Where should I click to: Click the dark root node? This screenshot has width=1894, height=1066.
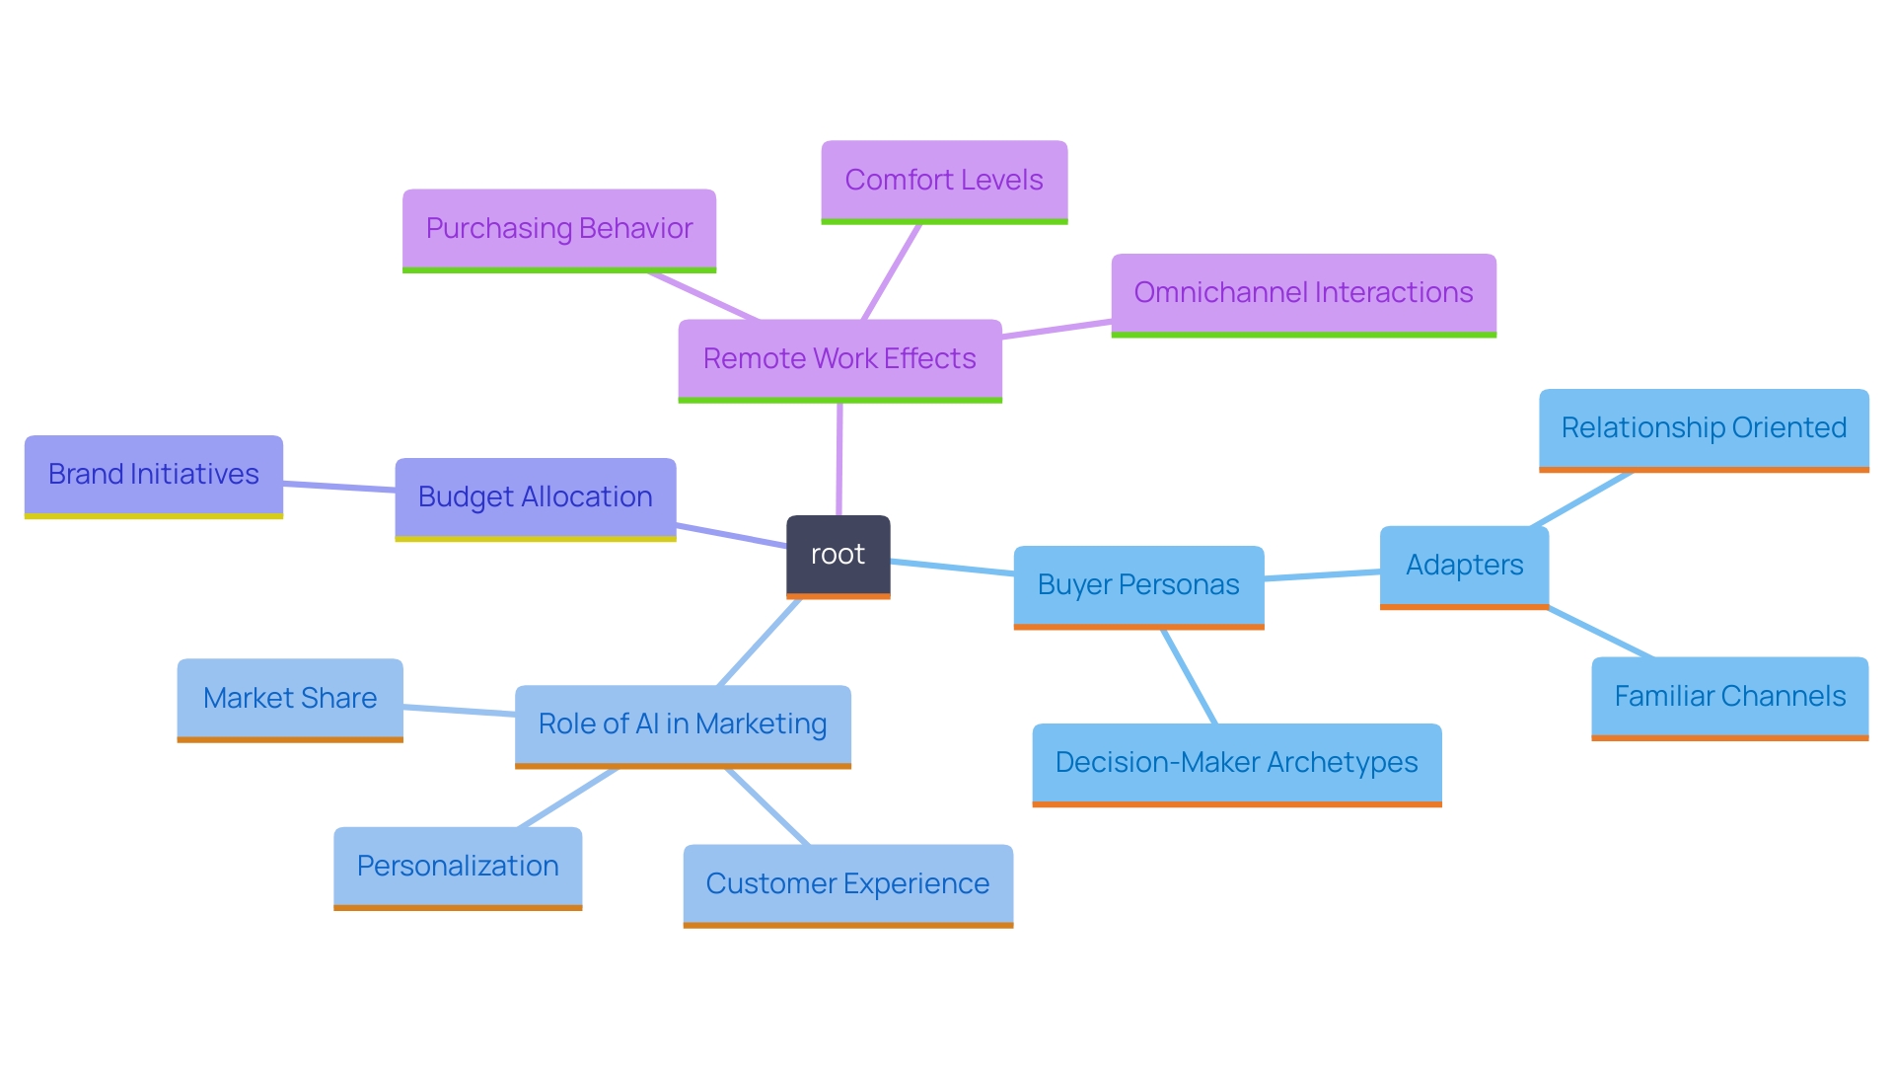pos(838,555)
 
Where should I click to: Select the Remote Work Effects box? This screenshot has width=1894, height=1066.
pos(839,359)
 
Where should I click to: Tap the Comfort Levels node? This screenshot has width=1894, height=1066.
pos(944,181)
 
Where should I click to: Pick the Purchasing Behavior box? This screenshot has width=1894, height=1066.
pos(558,229)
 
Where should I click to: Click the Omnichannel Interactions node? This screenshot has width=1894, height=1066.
pos(1303,293)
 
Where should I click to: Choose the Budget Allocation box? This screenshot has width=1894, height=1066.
pos(535,497)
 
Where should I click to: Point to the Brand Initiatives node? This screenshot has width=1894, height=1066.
pos(154,475)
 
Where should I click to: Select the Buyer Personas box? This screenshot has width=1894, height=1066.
pos(1138,585)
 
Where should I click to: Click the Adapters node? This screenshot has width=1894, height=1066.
pos(1464,566)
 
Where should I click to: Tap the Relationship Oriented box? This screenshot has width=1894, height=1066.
pos(1704,428)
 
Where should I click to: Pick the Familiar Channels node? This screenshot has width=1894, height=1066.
pos(1729,697)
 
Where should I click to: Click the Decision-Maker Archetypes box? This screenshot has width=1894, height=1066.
pos(1236,763)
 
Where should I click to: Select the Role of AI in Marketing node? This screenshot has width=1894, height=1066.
pos(683,724)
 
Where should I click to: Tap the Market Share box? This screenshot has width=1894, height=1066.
pos(290,699)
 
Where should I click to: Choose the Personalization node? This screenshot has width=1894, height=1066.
pos(458,867)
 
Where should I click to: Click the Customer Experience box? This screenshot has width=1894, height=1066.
pos(847,884)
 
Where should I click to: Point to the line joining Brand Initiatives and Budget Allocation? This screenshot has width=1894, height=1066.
pos(339,487)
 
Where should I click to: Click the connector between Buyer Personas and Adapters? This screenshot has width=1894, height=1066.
pos(1322,575)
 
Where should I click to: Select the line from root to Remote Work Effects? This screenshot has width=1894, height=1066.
pos(839,459)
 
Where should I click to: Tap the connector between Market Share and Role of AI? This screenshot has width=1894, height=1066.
pos(459,710)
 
